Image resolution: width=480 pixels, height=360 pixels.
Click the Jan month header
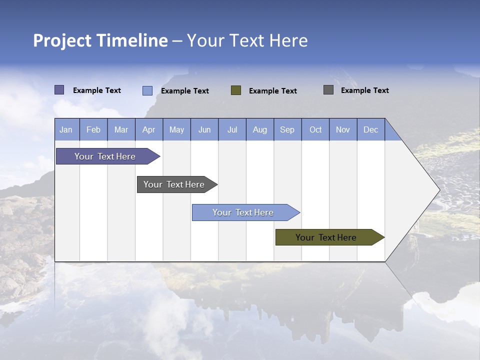click(66, 129)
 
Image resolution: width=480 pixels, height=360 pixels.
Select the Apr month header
click(149, 129)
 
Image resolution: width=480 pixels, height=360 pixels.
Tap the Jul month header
click(232, 129)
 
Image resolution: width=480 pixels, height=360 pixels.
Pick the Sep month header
click(287, 129)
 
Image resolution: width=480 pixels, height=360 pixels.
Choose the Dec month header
click(371, 129)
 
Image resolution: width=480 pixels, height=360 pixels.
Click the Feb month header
click(93, 129)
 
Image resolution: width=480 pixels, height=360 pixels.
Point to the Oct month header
click(315, 129)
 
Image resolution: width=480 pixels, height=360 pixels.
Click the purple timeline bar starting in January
click(105, 156)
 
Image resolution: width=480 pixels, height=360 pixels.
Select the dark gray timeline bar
click(174, 184)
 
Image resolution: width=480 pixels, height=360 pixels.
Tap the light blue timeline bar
click(243, 212)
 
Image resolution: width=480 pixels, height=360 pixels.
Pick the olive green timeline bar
click(326, 237)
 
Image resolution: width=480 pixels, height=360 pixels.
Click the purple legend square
click(59, 90)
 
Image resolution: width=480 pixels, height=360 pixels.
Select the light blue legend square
click(147, 90)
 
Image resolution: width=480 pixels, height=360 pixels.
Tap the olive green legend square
click(236, 90)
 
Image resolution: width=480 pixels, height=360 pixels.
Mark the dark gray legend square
click(328, 90)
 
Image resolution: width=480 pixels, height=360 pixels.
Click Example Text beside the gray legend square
click(364, 90)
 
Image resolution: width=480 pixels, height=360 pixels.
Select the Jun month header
click(204, 129)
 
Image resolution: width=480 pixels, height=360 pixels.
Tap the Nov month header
click(343, 129)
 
